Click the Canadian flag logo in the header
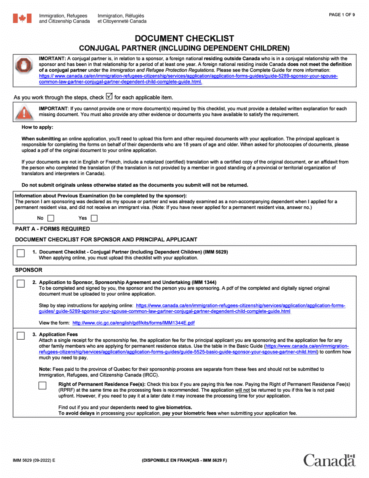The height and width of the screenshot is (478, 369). click(x=22, y=18)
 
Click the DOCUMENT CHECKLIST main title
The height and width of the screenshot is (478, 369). click(x=184, y=38)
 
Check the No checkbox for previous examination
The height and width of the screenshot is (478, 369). click(x=50, y=218)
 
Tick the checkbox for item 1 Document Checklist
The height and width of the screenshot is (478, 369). click(x=21, y=253)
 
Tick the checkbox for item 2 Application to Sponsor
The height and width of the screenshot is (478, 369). click(x=21, y=284)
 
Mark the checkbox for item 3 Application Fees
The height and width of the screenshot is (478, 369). click(x=21, y=336)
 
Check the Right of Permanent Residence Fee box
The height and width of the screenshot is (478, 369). click(x=43, y=386)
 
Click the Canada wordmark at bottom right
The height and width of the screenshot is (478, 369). click(x=329, y=460)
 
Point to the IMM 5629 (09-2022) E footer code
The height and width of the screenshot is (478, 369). click(x=34, y=460)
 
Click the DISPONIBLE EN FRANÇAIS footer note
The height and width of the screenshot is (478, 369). click(x=184, y=460)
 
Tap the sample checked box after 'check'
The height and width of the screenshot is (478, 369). click(x=109, y=96)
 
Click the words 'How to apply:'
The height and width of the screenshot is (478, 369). click(x=38, y=127)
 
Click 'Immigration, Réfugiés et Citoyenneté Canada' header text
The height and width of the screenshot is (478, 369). click(x=122, y=18)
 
